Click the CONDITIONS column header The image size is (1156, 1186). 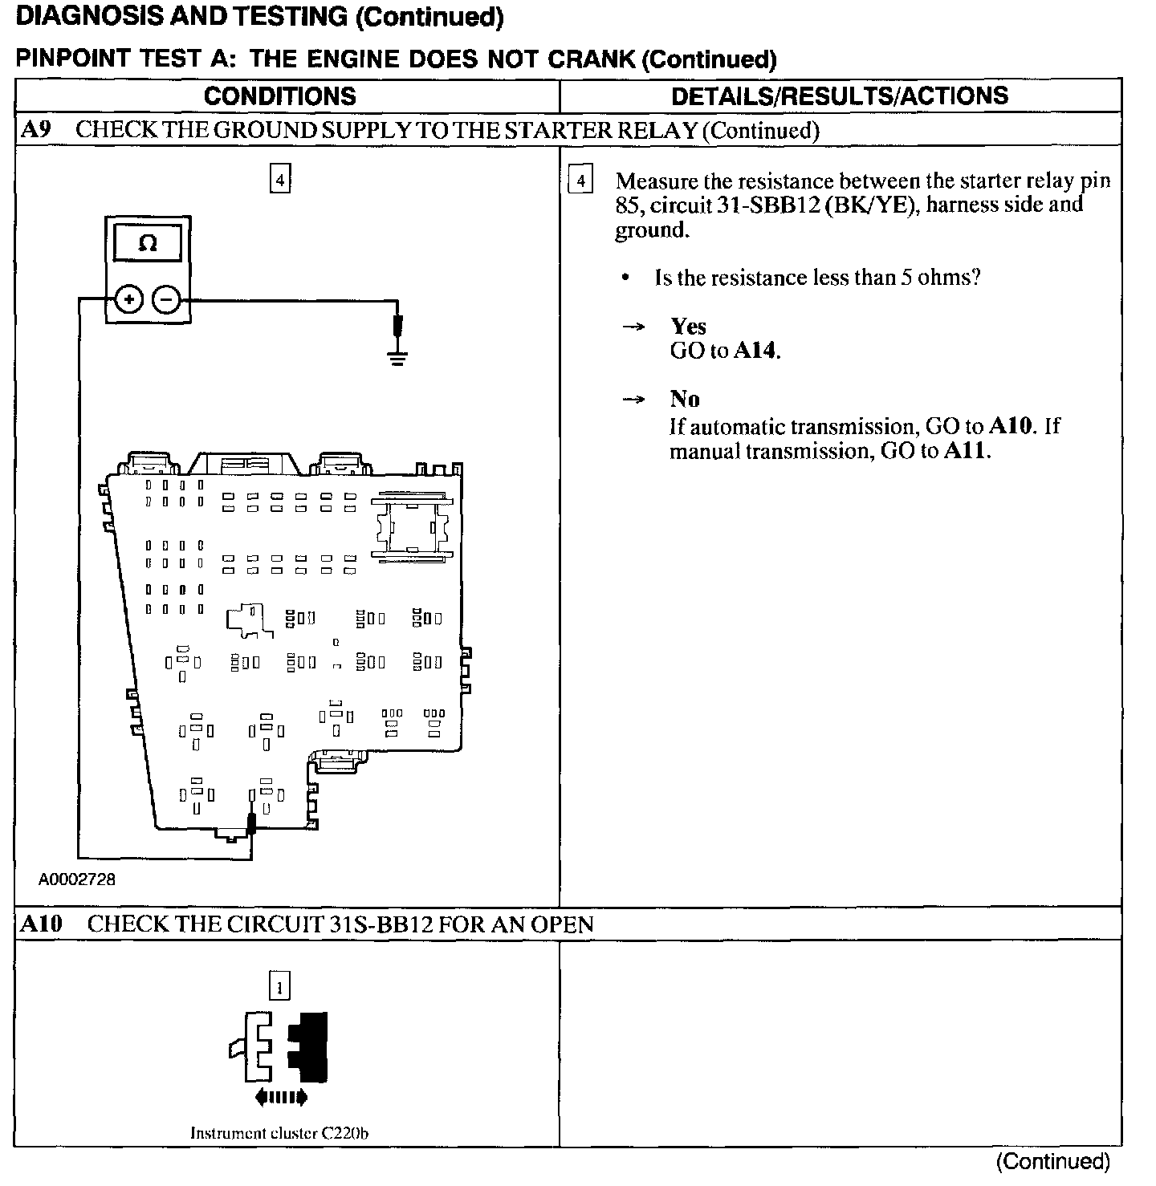[279, 96]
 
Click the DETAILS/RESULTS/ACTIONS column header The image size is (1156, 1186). [839, 95]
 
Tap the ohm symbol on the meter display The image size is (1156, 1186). [149, 242]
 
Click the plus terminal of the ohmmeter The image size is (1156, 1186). [129, 300]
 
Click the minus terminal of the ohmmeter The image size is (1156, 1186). [167, 300]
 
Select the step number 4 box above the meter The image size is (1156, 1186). [279, 179]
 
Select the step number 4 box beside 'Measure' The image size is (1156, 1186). [580, 180]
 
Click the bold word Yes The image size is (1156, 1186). [688, 326]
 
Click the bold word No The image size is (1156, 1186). [684, 399]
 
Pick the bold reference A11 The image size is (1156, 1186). [966, 451]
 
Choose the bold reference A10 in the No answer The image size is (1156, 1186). [1010, 425]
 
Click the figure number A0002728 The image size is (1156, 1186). [77, 879]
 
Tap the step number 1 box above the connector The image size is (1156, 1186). [279, 986]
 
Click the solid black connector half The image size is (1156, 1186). [309, 1046]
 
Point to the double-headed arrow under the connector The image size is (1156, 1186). [280, 1096]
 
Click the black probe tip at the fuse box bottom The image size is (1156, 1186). [251, 823]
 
